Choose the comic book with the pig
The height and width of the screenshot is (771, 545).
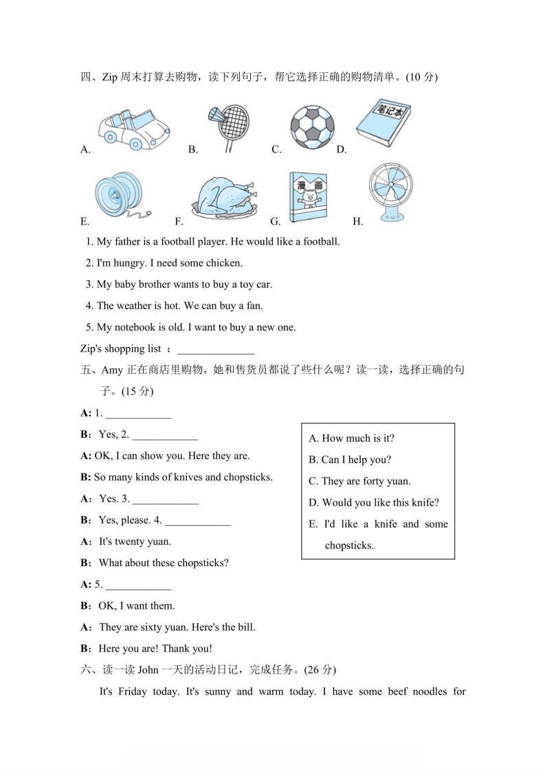tap(308, 197)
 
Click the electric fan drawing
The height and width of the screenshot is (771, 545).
tap(391, 192)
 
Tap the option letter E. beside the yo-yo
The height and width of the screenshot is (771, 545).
tap(85, 221)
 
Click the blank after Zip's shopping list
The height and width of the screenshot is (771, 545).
tap(216, 349)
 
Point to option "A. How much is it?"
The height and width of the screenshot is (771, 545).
tap(351, 438)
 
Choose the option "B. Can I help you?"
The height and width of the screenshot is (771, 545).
tap(350, 460)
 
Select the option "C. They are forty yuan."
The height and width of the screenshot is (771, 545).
tap(359, 482)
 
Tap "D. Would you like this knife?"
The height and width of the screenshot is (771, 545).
tap(374, 503)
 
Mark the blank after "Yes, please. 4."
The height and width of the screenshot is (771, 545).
tap(198, 520)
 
